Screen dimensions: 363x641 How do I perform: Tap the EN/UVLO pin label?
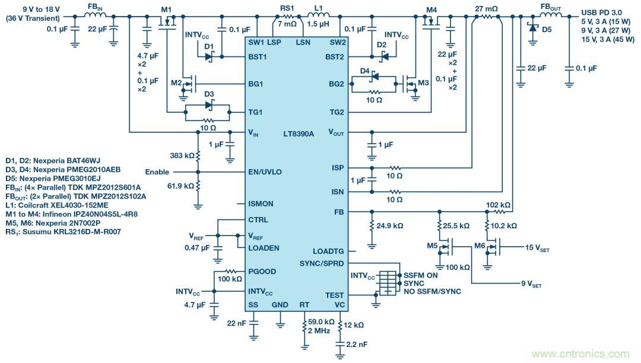coord(265,173)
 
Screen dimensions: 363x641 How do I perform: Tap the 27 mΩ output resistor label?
coord(486,8)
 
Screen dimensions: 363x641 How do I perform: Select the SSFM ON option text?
coord(421,275)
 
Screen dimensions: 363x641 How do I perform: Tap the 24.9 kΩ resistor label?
coord(391,226)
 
